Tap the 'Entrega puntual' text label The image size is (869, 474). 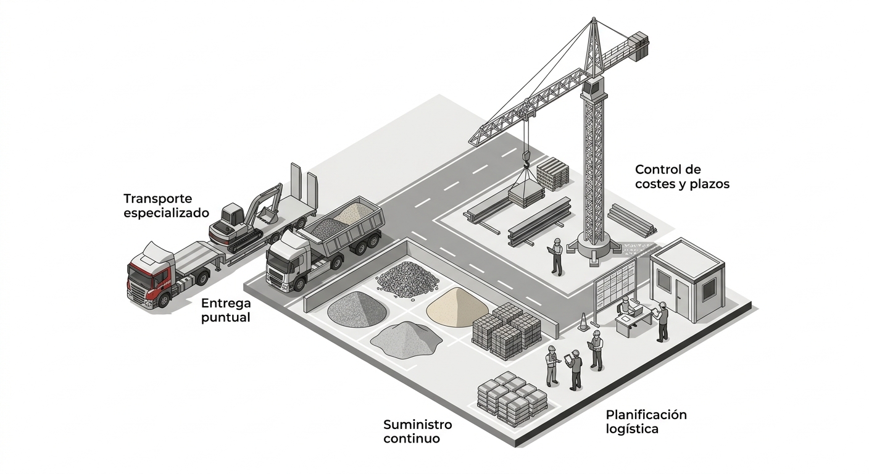[226, 310]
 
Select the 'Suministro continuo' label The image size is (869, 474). [418, 431]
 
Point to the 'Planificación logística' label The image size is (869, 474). [646, 422]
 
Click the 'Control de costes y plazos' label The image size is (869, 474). [682, 177]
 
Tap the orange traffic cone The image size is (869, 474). [583, 322]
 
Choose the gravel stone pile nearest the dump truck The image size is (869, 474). [407, 279]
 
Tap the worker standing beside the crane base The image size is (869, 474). [556, 255]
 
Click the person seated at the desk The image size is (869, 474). [626, 306]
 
